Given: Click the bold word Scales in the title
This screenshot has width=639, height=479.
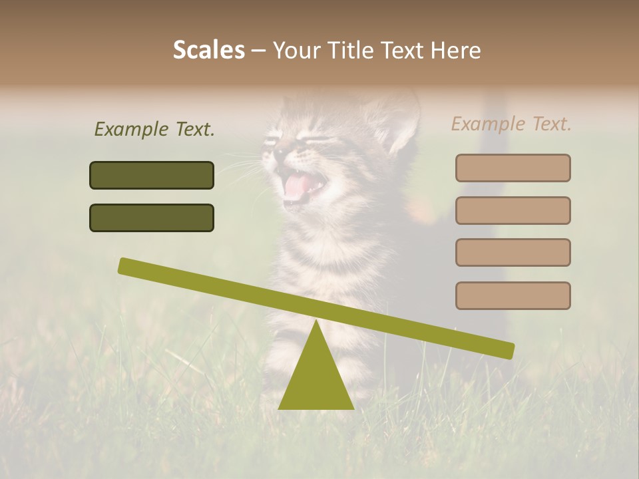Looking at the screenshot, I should coord(208,50).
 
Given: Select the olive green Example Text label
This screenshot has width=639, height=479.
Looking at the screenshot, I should coord(154,129).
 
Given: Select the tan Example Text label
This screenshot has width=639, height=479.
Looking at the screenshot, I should coord(511,124).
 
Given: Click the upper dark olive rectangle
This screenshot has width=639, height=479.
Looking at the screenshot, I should coord(152,175).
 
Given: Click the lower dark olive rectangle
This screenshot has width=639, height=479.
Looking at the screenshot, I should coord(152,218).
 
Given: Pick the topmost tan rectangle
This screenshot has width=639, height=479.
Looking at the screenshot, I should coord(513,168).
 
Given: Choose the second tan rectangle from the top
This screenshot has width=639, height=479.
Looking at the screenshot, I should coord(513,210).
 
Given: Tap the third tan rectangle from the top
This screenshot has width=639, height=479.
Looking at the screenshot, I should coord(513,252).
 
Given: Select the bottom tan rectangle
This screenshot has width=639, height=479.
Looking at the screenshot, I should coord(513,295).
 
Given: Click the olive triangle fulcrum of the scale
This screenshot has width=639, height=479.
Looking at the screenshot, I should coord(316,376).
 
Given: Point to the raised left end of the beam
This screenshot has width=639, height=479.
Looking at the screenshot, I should coord(126,265).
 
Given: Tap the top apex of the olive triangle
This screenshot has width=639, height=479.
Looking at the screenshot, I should coord(316,321).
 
